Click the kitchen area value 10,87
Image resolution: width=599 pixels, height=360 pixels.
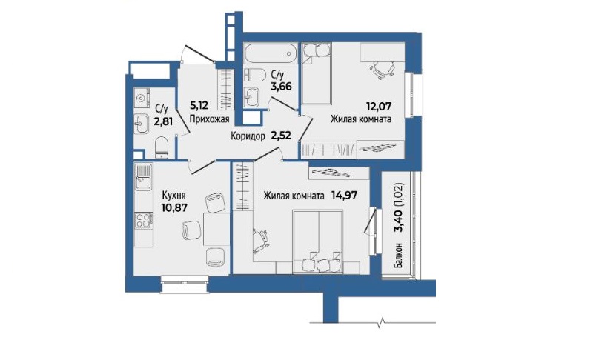[x=174, y=207]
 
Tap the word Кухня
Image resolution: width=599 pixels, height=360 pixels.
[x=173, y=196]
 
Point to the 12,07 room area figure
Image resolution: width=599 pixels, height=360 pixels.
[x=379, y=107]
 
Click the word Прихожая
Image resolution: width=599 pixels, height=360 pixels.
[x=209, y=119]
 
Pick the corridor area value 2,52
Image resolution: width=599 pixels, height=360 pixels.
[x=281, y=135]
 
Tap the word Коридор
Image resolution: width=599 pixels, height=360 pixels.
[x=248, y=136]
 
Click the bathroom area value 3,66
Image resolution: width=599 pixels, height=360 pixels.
[x=281, y=86]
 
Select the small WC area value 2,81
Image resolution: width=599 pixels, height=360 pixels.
[x=164, y=121]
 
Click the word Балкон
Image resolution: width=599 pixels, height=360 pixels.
[x=398, y=255]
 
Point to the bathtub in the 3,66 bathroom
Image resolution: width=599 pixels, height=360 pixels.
[x=271, y=53]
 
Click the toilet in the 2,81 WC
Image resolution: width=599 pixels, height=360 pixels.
[x=162, y=147]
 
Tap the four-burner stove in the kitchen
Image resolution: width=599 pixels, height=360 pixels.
[x=144, y=221]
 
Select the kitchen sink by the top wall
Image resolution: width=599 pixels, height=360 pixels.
[x=143, y=177]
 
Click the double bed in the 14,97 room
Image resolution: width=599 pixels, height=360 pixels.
[x=318, y=241]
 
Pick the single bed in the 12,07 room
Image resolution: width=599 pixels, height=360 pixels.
[x=317, y=73]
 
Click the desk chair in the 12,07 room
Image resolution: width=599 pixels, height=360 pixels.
[x=382, y=70]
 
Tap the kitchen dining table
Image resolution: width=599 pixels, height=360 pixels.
[x=216, y=229]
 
